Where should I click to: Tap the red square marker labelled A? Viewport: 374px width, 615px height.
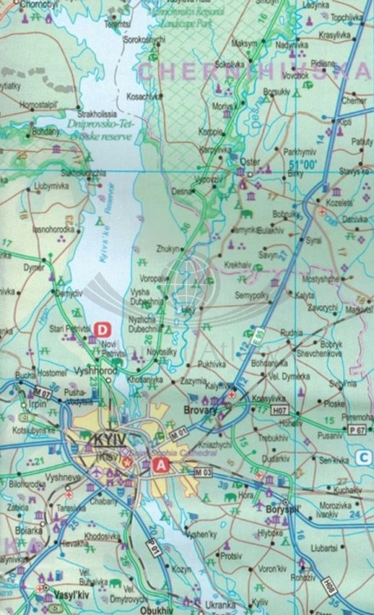tap(161, 465)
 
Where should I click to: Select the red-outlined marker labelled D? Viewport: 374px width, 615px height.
tap(103, 330)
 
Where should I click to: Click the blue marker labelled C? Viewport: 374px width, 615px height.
tap(363, 457)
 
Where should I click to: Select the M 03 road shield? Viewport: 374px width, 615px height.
tap(204, 473)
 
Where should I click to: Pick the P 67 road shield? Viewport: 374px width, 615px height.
tap(356, 429)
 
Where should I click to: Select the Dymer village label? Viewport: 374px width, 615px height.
tap(33, 267)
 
